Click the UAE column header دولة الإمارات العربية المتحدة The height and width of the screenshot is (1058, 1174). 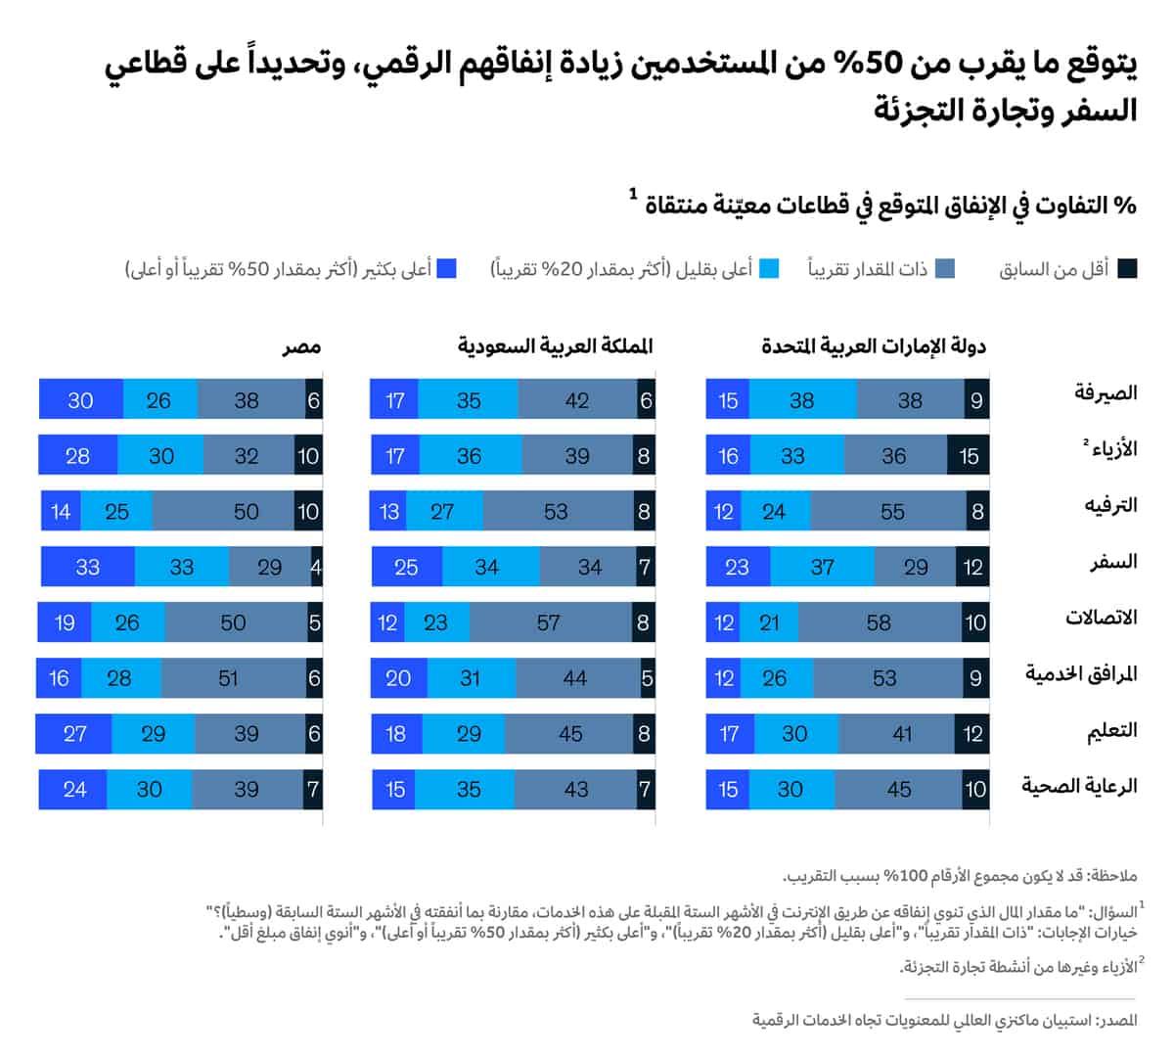[x=874, y=345]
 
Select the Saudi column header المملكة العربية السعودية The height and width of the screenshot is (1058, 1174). [x=555, y=345]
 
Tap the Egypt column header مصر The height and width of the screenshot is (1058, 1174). [x=301, y=346]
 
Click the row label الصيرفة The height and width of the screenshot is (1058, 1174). [x=1106, y=392]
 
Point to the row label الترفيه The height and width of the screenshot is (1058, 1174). [x=1110, y=505]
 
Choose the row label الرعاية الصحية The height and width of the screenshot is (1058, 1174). [x=1080, y=785]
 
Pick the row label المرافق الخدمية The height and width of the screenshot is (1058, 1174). [x=1081, y=673]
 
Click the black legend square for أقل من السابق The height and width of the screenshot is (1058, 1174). [x=1127, y=269]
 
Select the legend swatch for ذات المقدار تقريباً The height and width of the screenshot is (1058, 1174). [x=945, y=269]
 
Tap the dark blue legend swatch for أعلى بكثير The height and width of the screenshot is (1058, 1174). [x=447, y=269]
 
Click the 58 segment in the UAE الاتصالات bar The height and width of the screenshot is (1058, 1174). [x=879, y=622]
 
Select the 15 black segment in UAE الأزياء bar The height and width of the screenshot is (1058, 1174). [x=969, y=456]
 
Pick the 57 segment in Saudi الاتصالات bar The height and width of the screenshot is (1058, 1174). [x=549, y=622]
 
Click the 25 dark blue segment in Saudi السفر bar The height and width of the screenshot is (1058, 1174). [x=406, y=567]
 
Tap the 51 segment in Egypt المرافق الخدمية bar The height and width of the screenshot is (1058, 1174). [x=229, y=678]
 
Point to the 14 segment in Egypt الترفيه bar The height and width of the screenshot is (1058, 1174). [x=61, y=511]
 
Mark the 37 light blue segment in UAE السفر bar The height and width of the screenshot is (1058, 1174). [x=823, y=567]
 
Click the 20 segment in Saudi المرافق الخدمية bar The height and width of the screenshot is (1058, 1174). [x=398, y=678]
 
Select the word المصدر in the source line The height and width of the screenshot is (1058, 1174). [x=1116, y=1020]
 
